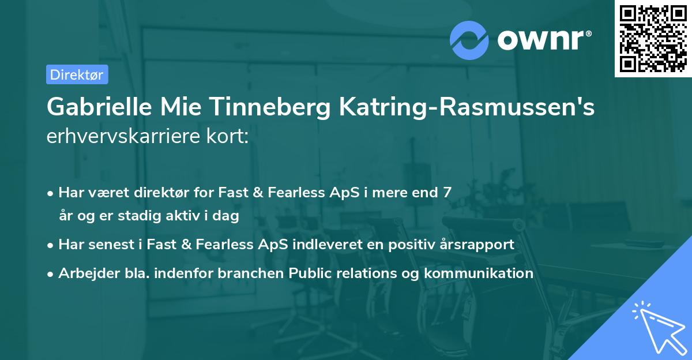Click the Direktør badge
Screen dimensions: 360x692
coord(77,74)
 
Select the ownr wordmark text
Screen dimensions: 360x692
coord(543,40)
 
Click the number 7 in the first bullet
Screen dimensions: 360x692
coord(447,192)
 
